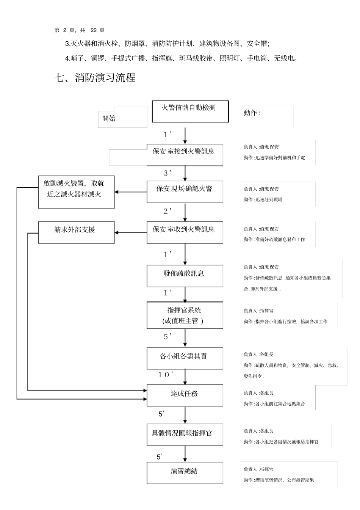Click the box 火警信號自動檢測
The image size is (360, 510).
(190, 111)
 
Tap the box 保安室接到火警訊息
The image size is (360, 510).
(185, 155)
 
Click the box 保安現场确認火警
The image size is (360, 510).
(185, 192)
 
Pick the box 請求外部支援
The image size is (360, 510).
(76, 232)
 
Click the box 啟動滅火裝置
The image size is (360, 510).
(76, 192)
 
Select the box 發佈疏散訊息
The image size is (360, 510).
(185, 276)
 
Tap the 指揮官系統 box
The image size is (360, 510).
(185, 315)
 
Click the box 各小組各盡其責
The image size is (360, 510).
(185, 359)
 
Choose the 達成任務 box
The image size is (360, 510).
(185, 395)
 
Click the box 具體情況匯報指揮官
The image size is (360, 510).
(185, 435)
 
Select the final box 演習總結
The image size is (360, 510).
(185, 473)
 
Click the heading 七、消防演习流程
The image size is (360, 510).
(95, 78)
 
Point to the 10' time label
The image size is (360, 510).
(166, 375)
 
